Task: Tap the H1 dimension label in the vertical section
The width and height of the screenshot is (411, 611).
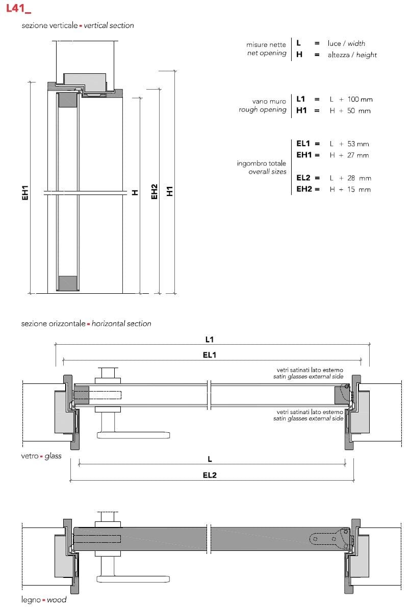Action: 170,191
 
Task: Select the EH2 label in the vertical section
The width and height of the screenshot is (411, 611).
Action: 155,191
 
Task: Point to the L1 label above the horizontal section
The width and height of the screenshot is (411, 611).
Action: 209,339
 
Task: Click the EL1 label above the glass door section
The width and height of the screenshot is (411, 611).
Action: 209,355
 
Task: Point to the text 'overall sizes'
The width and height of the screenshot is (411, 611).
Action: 267,172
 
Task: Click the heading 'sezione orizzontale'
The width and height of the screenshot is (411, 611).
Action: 53,323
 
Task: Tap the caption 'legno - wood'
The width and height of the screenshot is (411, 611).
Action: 44,600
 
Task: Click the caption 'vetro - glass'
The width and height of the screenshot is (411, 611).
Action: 41,456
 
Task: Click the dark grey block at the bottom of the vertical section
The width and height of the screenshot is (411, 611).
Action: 68,284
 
